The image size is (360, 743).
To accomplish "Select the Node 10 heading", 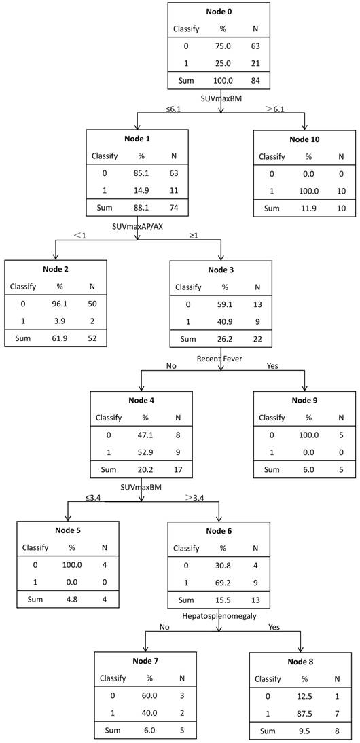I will click(x=304, y=139).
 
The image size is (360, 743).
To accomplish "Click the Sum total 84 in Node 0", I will click(x=256, y=81).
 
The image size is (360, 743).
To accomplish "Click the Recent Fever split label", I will click(x=219, y=357).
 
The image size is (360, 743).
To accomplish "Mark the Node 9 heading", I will click(x=304, y=400).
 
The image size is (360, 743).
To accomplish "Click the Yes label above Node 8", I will click(x=274, y=626).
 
